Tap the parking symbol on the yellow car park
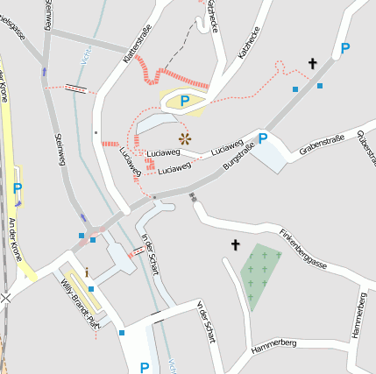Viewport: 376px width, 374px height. (x=185, y=102)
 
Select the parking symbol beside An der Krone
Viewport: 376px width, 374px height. (x=18, y=187)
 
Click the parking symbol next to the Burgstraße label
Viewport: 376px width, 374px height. (x=261, y=138)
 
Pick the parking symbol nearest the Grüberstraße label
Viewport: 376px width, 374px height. (x=345, y=48)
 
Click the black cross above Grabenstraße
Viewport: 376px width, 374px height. (x=312, y=63)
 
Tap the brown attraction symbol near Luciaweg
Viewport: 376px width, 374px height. (x=184, y=138)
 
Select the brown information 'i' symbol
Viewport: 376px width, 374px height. (x=87, y=272)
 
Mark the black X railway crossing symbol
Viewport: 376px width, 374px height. (x=7, y=298)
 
